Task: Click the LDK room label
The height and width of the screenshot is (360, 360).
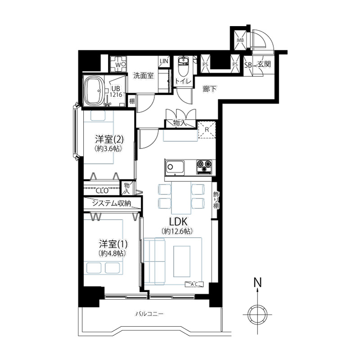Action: pos(178,222)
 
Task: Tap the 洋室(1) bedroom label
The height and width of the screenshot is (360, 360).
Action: pos(113,244)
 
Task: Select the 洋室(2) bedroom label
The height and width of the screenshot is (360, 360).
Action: pos(109,139)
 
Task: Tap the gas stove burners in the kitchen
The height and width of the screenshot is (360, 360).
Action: pos(204,167)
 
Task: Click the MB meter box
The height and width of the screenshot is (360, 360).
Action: pos(240,40)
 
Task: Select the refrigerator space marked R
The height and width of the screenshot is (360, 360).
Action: pos(207,130)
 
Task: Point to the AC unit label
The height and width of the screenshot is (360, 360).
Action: pos(194,284)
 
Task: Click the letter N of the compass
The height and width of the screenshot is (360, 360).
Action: pos(257,283)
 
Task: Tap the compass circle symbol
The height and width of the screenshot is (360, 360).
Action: pos(258,315)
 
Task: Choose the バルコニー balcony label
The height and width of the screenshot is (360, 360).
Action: pos(149,314)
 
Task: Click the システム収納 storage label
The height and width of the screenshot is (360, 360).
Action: pos(111,203)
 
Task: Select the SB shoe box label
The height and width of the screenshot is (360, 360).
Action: pos(248,65)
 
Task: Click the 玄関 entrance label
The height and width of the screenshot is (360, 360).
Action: pos(264,64)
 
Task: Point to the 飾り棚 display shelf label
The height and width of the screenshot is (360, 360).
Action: pos(216,200)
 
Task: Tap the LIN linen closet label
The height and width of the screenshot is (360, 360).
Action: pos(164,61)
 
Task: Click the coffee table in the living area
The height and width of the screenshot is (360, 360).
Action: pos(182,261)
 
